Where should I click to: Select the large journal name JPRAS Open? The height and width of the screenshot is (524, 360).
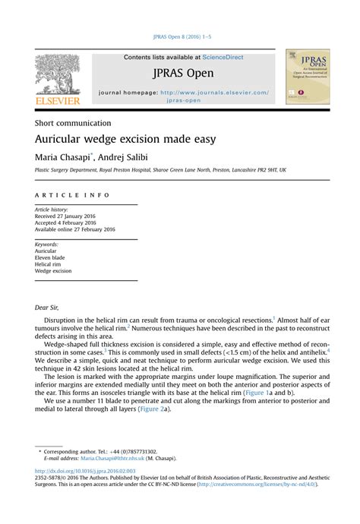pyautogui.click(x=183, y=74)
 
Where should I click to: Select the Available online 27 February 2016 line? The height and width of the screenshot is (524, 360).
pyautogui.click(x=75, y=229)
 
